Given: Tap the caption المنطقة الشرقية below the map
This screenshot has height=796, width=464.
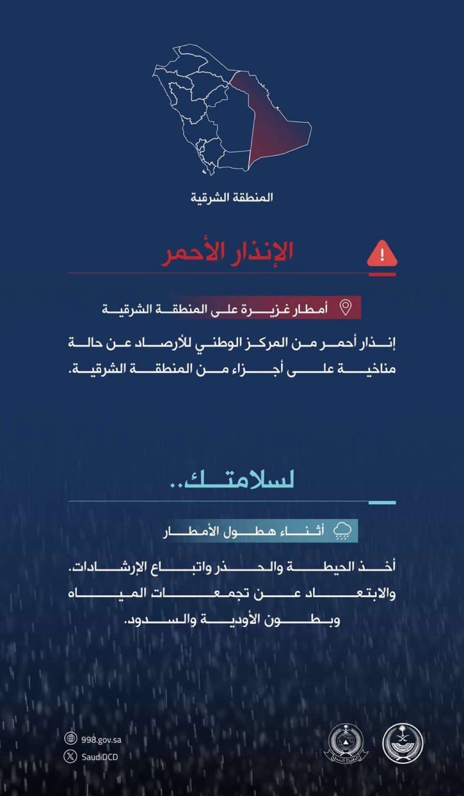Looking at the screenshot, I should click(231, 197).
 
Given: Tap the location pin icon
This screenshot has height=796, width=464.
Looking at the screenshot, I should click(345, 307).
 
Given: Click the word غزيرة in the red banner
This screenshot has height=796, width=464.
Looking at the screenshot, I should click(262, 308).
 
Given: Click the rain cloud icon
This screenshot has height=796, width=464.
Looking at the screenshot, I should click(343, 530).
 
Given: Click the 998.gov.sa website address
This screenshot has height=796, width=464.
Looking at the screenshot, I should click(101, 739).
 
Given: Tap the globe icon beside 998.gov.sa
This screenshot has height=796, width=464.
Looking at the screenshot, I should click(71, 738).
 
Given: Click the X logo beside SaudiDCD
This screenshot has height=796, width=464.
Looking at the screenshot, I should click(71, 756).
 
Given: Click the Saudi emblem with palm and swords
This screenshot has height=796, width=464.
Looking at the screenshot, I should click(403, 743).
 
